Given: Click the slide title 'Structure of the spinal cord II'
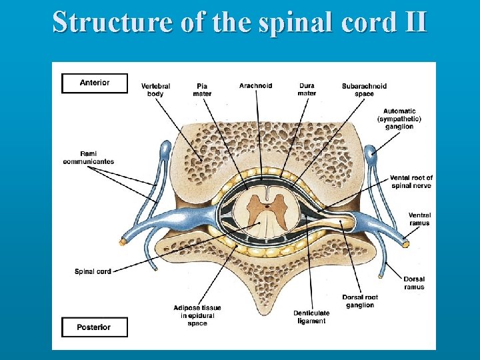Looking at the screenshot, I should [x=239, y=21].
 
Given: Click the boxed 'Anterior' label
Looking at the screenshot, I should [x=94, y=83].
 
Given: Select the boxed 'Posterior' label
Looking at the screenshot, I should [x=94, y=327].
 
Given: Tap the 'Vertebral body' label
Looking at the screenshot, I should [x=155, y=90].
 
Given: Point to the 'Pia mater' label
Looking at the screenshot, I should [x=202, y=90].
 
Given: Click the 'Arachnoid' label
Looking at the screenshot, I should [x=255, y=86].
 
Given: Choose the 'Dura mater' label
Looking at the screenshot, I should [x=307, y=90].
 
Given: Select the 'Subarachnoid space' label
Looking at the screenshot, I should [x=364, y=90].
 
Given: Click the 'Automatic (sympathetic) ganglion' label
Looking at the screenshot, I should [x=399, y=119].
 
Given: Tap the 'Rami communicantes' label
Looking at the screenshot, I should [x=89, y=157].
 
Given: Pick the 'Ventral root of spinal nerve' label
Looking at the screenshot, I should [x=412, y=181].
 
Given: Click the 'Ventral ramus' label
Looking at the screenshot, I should [x=420, y=219].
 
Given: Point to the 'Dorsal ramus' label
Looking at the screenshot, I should [x=414, y=283].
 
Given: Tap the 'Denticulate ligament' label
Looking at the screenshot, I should [x=309, y=317].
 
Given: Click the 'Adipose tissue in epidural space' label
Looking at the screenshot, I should [x=197, y=315].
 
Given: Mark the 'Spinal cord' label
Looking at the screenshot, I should [x=93, y=271].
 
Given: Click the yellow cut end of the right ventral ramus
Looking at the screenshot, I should [x=405, y=245].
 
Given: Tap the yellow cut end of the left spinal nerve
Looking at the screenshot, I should [x=123, y=243].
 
